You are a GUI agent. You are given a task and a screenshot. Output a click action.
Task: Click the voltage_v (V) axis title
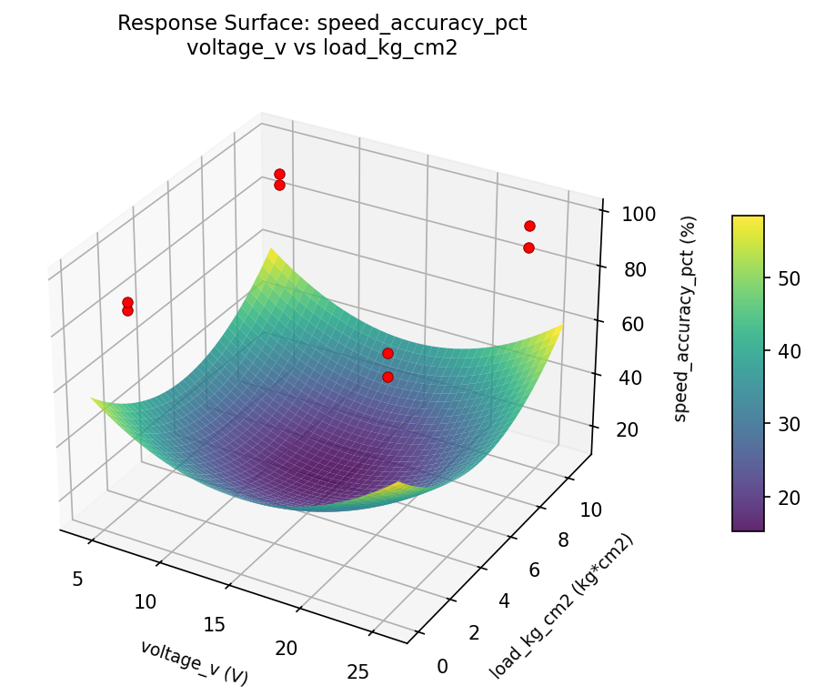click(194, 662)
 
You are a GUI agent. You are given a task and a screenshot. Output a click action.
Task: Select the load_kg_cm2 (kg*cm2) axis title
click(561, 607)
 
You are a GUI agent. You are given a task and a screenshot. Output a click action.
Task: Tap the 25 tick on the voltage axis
click(358, 671)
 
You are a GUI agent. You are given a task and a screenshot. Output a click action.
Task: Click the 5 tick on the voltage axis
click(78, 579)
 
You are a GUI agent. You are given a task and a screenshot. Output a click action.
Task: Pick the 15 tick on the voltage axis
click(215, 624)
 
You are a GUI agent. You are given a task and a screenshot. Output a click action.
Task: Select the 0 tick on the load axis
click(443, 667)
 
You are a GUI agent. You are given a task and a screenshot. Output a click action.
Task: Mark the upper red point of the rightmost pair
click(529, 226)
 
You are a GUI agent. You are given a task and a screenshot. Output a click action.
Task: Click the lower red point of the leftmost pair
click(127, 310)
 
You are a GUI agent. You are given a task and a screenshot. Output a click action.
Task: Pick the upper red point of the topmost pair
click(279, 174)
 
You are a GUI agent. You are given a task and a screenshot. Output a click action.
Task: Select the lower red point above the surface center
click(387, 377)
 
